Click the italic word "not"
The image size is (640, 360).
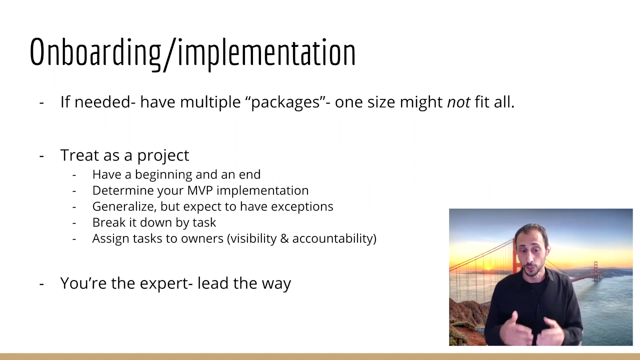(x=459, y=102)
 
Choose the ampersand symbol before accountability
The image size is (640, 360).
(x=284, y=239)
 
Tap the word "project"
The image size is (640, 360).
(x=163, y=156)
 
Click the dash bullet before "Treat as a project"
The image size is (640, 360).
(x=42, y=156)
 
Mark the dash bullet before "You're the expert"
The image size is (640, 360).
(x=42, y=284)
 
